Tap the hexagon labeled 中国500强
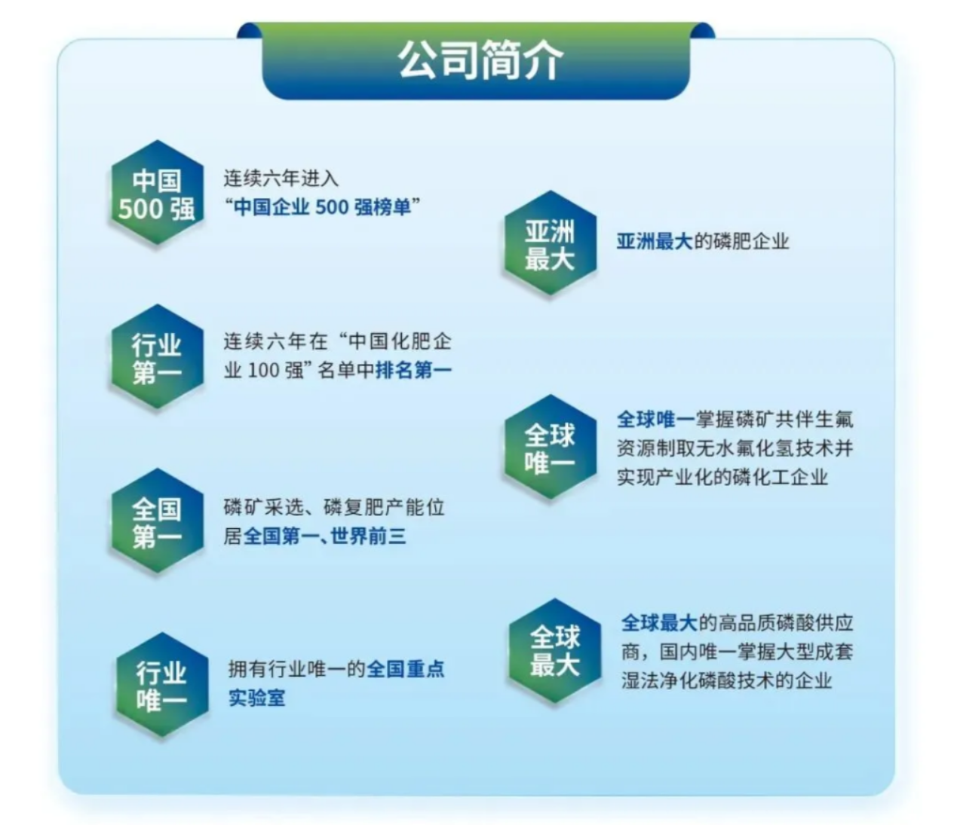tap(157, 192)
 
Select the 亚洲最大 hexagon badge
tap(550, 243)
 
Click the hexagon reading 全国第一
tap(157, 521)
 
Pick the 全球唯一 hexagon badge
tap(550, 448)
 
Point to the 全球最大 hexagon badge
tap(554, 651)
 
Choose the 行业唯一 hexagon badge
tap(161, 685)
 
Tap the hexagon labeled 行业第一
tap(157, 356)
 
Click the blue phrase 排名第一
tap(413, 370)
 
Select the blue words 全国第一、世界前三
tap(324, 536)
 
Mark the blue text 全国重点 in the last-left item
tap(406, 669)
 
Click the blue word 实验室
tap(257, 698)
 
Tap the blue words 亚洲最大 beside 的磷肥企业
tap(654, 241)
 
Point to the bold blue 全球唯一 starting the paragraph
tap(655, 420)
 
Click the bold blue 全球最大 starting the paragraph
tap(659, 623)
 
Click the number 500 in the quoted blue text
tap(332, 207)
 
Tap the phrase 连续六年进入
tap(281, 179)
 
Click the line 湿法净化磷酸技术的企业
tap(726, 680)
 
